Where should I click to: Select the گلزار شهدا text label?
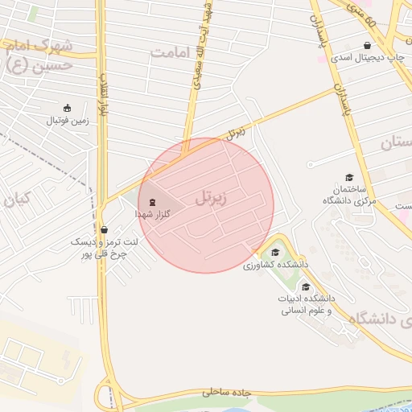[x=152, y=216]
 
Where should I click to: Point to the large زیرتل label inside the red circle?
[x=211, y=196]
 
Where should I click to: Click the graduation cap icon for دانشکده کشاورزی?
[x=274, y=253]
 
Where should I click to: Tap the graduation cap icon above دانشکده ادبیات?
[x=306, y=286]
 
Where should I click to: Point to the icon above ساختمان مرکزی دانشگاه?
[x=348, y=178]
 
